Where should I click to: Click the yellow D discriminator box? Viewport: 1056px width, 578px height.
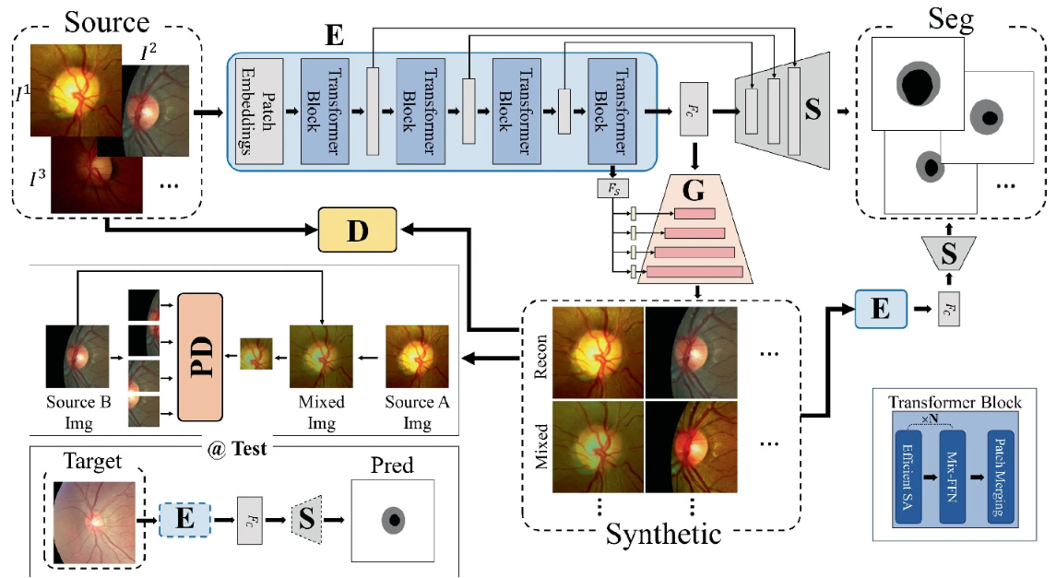point(357,230)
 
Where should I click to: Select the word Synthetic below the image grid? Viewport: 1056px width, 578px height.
point(662,533)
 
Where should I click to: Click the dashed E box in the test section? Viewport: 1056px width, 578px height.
point(184,517)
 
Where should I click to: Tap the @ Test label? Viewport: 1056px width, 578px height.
point(237,449)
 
